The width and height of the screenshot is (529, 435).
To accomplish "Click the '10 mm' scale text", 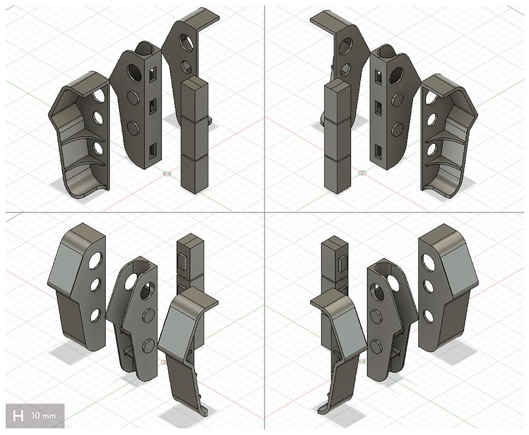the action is (44, 415).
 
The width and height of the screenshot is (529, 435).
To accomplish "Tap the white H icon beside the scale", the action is (19, 415).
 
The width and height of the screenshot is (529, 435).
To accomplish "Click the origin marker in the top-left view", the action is (167, 173).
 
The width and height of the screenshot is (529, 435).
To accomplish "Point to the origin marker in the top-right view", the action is (362, 173).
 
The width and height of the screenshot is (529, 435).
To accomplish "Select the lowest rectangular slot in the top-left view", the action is (153, 151).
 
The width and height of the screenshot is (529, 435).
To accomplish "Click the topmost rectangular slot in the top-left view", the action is (153, 75).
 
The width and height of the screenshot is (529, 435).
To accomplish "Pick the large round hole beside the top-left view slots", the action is (135, 72).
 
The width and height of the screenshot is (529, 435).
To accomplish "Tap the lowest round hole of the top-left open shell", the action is (99, 148).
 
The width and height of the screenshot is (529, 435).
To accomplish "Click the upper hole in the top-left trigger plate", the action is (185, 42).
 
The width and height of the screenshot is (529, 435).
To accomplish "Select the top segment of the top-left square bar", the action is (195, 97).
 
